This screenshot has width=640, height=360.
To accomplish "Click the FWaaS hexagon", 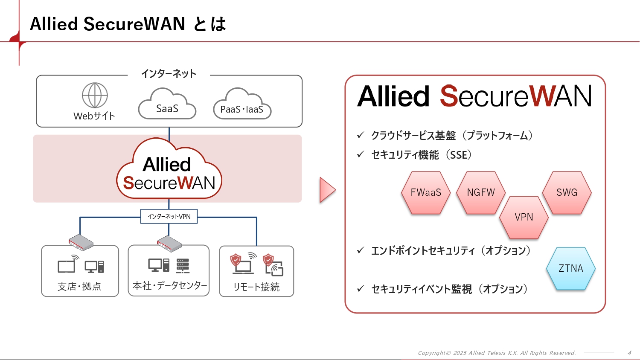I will point(426,193).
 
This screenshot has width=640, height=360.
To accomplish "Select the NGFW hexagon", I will point(481,193).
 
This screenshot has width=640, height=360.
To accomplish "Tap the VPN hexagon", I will point(524,217).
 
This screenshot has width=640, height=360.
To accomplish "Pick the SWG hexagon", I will point(567,193).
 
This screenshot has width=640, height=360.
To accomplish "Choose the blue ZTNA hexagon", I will point(570,268).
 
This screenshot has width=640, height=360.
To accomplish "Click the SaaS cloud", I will point(167,107).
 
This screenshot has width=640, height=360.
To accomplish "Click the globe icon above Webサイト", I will point(95,95).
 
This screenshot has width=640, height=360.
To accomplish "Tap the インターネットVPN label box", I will point(169,216).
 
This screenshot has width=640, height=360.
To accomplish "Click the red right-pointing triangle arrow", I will point(327,190).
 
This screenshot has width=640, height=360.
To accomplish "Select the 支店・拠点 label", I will point(79,286).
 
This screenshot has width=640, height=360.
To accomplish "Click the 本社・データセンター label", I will point(169,286).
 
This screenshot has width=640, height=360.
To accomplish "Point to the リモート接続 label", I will point(256,287).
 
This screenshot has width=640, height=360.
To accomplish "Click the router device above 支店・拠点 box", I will point(81,242).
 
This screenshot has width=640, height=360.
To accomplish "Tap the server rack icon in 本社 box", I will point(183,266).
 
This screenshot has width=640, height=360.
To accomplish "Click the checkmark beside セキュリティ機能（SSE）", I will point(361,154).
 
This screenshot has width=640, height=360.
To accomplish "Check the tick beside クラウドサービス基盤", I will point(361,135).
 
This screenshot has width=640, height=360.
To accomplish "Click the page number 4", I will point(629,353).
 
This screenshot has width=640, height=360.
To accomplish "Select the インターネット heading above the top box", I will point(169,74).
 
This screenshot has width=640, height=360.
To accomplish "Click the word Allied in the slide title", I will point(54,24).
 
